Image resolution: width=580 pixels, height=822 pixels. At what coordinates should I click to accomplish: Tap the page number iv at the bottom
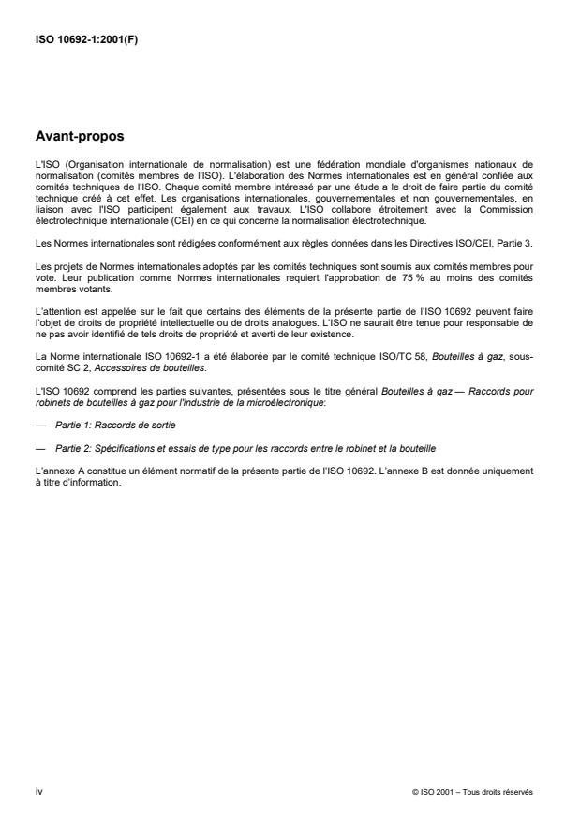coord(38,792)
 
